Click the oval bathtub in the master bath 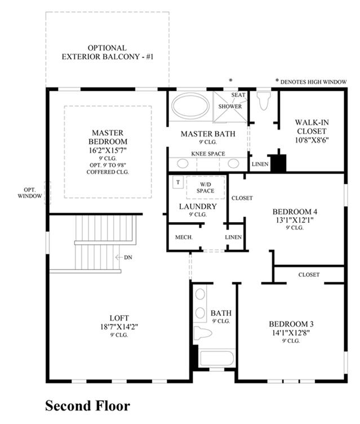point(190,106)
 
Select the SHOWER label point(230,107)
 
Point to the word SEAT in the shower point(238,95)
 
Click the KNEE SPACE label point(208,154)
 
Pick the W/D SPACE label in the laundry point(206,188)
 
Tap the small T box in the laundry point(178,182)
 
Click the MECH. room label point(184,237)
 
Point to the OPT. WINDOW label point(30,193)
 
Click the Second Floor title point(87,405)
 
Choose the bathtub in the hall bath point(217,358)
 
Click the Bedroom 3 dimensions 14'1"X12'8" point(291,333)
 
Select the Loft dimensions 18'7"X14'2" point(119,326)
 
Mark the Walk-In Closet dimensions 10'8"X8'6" point(312,140)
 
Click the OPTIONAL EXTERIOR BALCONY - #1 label point(108,52)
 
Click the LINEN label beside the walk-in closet point(260,164)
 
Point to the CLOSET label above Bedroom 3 point(309,275)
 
